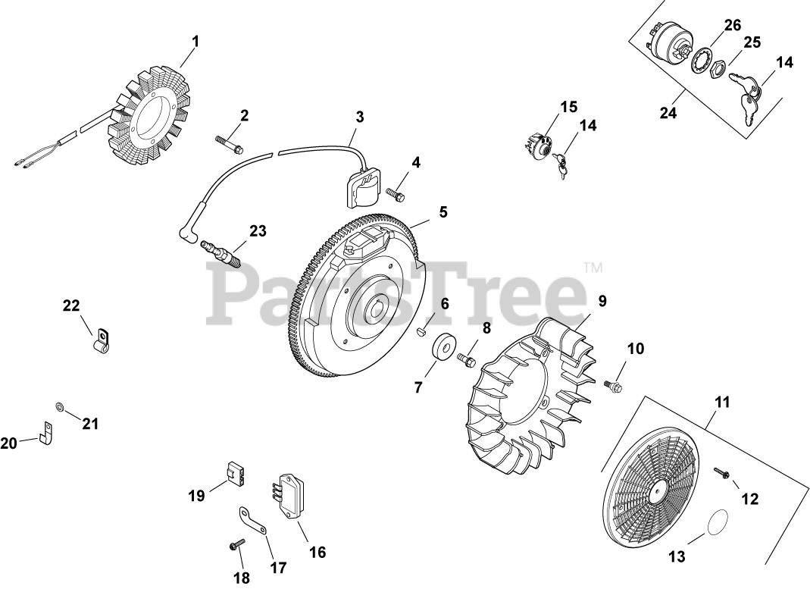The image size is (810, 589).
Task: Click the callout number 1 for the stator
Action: (195, 41)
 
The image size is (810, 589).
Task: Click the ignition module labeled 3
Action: (395, 194)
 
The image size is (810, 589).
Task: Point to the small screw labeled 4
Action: (443, 211)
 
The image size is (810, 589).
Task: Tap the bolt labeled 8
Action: (602, 301)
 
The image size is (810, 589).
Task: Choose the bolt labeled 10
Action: (721, 474)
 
